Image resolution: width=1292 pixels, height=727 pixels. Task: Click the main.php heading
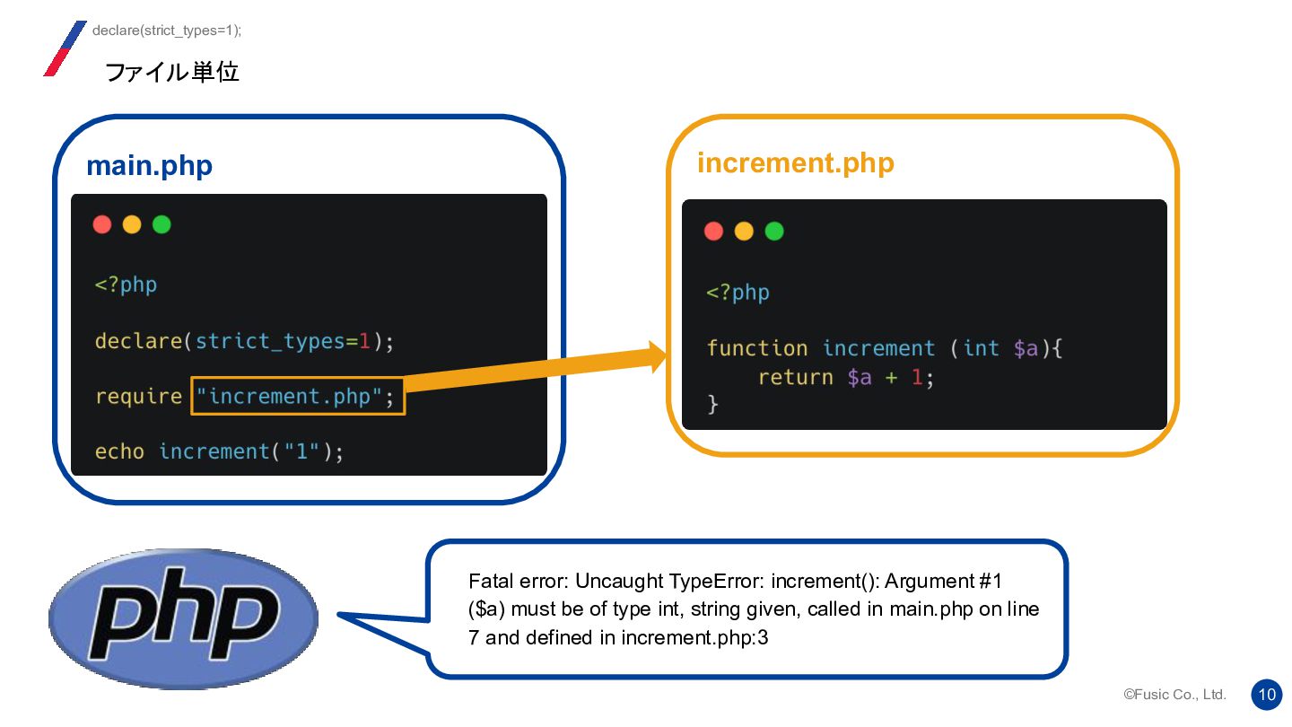tap(149, 166)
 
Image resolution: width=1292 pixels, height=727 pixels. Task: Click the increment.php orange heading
tap(795, 163)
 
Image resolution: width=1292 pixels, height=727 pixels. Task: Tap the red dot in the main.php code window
tap(102, 224)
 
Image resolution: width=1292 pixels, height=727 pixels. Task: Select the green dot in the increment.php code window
tap(773, 232)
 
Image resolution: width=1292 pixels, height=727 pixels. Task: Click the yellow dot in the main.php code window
tap(132, 224)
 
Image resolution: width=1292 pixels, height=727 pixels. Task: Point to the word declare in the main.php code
tap(138, 341)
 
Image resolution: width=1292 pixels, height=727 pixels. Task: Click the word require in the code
tap(138, 396)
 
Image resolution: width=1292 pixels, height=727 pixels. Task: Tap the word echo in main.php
tap(119, 451)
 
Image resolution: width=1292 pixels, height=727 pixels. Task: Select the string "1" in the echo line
tap(301, 451)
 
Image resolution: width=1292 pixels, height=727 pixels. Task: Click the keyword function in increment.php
tap(756, 348)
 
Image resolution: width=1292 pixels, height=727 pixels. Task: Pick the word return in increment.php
tap(795, 377)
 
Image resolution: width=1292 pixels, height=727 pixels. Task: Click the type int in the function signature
tap(981, 348)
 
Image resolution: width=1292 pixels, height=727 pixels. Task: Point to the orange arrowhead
tap(657, 356)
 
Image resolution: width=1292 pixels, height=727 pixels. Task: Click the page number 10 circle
tap(1267, 694)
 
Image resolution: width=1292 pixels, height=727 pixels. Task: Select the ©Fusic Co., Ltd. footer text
tap(1174, 695)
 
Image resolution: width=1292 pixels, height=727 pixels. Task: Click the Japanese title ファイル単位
tap(172, 72)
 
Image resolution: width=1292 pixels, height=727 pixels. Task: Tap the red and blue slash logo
tap(65, 48)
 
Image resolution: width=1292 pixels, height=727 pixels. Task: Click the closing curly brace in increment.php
tap(713, 405)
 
